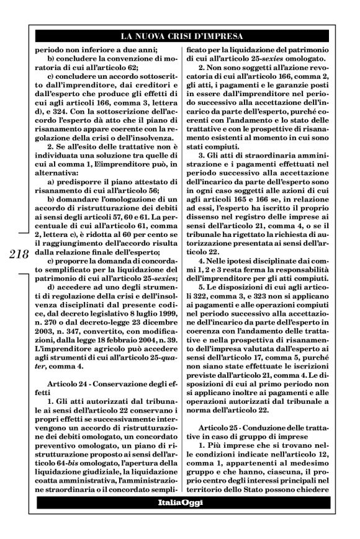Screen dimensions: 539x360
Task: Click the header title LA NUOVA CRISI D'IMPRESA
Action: [x=180, y=35]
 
